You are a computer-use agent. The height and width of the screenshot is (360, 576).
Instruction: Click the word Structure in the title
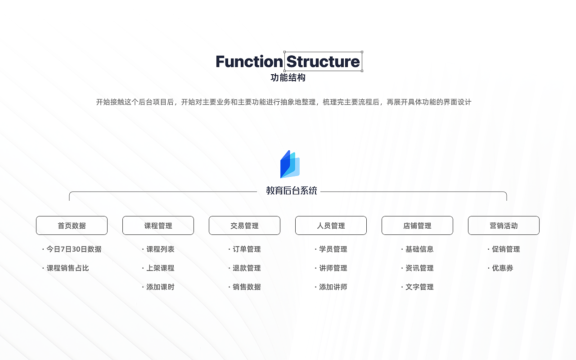(x=323, y=62)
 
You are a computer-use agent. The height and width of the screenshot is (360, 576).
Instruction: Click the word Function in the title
(x=249, y=62)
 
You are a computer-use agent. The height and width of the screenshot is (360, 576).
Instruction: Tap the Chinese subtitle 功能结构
(x=288, y=77)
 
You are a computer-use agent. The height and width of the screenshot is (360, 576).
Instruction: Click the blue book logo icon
(x=290, y=164)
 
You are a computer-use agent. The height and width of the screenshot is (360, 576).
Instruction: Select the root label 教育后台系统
(x=291, y=191)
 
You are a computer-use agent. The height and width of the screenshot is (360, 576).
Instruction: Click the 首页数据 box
(x=72, y=225)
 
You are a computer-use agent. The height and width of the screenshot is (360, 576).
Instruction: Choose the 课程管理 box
(x=158, y=225)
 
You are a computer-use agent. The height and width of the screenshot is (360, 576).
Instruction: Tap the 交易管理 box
(x=244, y=225)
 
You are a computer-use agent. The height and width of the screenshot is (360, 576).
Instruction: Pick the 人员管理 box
(x=331, y=225)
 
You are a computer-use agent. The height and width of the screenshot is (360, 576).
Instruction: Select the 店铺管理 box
(x=417, y=225)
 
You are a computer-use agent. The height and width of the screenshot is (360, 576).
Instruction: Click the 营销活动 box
(x=504, y=225)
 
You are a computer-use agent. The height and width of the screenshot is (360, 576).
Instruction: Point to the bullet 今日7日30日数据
(x=74, y=249)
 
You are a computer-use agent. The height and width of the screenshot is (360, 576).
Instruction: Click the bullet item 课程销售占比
(x=67, y=268)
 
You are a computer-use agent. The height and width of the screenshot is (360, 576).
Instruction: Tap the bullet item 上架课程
(x=160, y=268)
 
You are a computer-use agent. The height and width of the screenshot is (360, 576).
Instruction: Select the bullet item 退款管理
(x=247, y=268)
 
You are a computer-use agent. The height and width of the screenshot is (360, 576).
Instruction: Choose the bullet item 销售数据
(x=247, y=287)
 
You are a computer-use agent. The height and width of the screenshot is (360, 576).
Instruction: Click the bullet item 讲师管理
(x=333, y=268)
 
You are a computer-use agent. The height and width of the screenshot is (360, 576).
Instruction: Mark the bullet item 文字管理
(x=419, y=287)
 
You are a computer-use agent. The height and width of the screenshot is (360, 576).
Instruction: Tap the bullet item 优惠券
(x=502, y=268)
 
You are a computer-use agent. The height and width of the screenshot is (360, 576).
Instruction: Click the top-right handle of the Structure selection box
(x=362, y=52)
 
